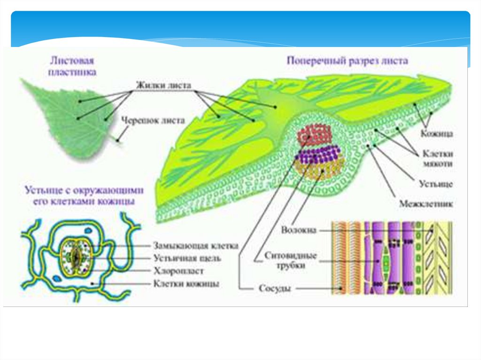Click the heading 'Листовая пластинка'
[72, 67]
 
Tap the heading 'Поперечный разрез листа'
[348, 61]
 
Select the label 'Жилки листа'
[163, 85]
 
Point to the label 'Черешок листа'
[153, 120]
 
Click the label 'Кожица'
[436, 134]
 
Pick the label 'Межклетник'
[426, 204]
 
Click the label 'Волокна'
[299, 230]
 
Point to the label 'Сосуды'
[275, 288]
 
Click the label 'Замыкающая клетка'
[195, 245]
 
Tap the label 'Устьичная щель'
[187, 258]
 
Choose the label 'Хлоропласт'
[179, 271]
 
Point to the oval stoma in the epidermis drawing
[74, 257]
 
